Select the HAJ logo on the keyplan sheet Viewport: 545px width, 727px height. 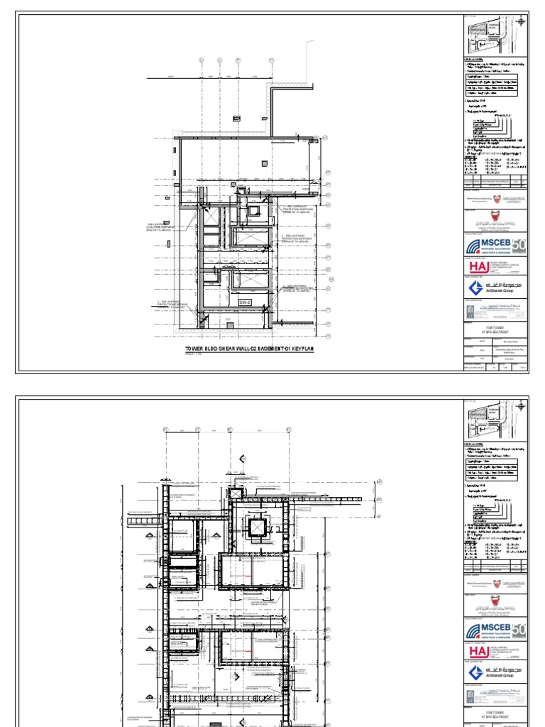coord(478,266)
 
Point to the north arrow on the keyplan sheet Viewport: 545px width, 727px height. coord(522,22)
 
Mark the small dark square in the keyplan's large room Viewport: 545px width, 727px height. coord(229,326)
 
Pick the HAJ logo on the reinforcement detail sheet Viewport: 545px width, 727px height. coord(478,649)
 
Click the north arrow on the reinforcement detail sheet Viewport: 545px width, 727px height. coord(522,405)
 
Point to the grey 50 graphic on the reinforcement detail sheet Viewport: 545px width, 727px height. coord(519,629)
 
